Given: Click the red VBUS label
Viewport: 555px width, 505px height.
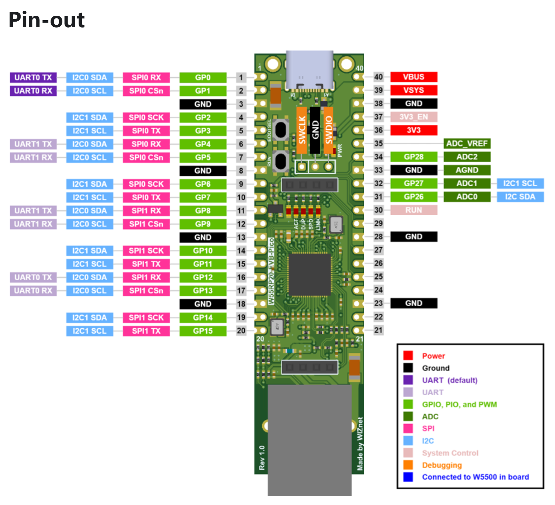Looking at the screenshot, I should pos(414,77).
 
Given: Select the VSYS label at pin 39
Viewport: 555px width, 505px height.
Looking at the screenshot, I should pos(414,90).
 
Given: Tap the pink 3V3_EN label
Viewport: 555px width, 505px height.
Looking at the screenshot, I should pos(414,117).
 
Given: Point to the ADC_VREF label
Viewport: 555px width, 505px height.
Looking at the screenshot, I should pos(467,143).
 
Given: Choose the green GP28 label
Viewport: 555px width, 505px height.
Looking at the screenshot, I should pos(414,157).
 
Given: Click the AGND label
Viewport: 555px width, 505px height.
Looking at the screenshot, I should pos(467,170).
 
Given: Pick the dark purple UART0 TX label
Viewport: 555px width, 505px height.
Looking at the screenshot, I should pos(33,77).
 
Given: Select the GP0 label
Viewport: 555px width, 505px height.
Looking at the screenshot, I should pos(203,77).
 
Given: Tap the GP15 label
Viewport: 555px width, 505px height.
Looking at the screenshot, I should pos(203,331).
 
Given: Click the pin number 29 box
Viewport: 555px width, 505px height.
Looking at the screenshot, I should pos(378,223).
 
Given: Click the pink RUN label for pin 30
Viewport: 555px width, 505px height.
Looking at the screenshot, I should pos(414,210).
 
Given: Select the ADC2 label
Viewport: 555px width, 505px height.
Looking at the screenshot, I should pos(467,157).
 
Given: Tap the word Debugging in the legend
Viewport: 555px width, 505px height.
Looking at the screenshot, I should pos(442,465).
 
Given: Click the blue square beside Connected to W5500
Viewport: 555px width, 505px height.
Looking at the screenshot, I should pos(408,477).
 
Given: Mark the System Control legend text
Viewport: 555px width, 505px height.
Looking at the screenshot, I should pos(450,453).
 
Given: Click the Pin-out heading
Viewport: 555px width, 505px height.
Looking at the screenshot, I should pos(47,20).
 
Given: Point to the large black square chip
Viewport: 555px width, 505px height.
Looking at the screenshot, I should pos(309,274).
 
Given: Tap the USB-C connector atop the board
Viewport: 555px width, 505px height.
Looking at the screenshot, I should pos(309,70).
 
